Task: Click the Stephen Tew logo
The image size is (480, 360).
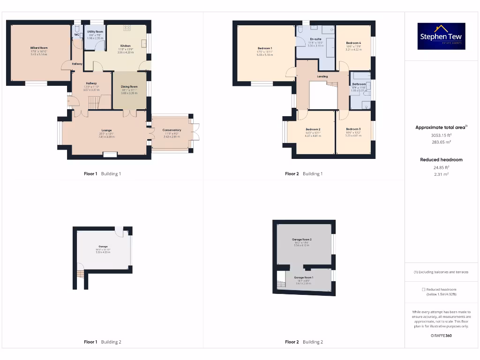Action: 441,37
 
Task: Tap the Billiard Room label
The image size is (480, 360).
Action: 40,48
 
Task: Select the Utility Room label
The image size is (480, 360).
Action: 95,32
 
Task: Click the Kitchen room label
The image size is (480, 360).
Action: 125,45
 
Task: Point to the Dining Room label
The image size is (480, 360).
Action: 129,87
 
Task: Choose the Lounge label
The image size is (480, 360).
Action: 106,130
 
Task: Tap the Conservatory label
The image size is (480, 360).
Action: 172,130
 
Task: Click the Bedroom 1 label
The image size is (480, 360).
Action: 265,48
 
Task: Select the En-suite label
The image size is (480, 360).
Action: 315,39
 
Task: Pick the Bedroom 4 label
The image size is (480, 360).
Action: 353,43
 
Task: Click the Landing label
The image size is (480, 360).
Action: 322,76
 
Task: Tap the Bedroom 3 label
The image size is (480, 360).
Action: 353,129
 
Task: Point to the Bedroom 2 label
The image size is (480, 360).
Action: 313,129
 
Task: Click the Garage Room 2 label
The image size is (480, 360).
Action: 302,240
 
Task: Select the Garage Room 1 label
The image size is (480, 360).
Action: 303,277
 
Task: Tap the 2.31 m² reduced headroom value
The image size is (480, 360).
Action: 441,174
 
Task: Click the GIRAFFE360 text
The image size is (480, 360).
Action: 441,335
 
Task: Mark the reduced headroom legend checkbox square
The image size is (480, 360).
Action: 424,290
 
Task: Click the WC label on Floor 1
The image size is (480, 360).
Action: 76,35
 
